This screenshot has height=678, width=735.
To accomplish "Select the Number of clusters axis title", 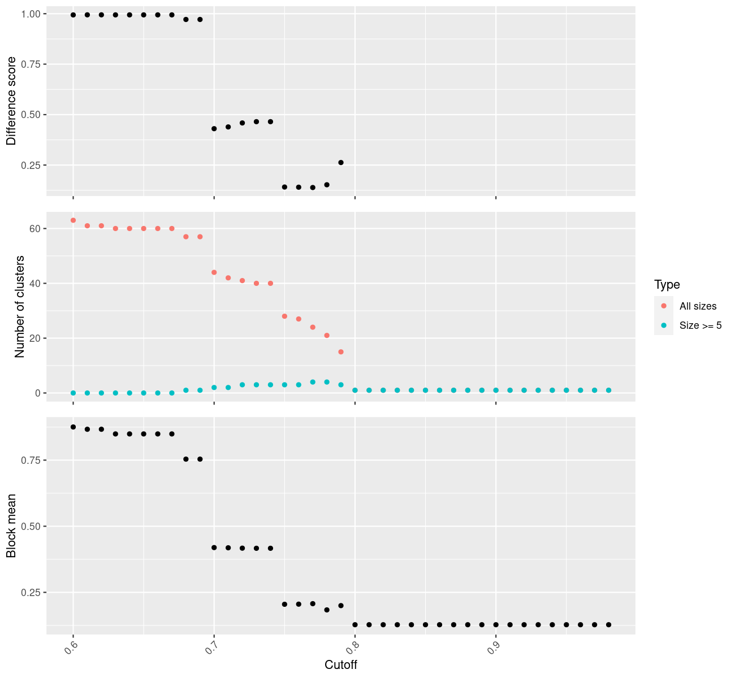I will tap(20, 307).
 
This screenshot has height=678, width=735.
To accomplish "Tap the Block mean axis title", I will tap(11, 525).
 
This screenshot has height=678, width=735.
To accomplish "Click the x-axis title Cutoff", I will tap(341, 664).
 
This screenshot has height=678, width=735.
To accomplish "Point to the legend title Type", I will tap(667, 284).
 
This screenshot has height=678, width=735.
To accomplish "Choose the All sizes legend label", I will tap(698, 306).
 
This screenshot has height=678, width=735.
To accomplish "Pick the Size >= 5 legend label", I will tap(701, 325).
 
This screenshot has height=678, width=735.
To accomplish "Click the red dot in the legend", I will tap(664, 306).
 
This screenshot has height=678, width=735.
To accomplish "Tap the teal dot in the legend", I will tap(664, 325).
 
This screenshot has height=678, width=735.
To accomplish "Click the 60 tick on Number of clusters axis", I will tap(34, 229).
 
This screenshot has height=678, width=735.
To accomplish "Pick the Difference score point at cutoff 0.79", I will tap(341, 162).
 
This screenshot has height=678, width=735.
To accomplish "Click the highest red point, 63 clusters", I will tap(73, 220).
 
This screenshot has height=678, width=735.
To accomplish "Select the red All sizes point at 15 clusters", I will tap(341, 352).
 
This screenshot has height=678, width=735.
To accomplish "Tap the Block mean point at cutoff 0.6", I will tap(73, 427).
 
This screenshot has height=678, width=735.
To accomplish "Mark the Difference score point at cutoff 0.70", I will tap(214, 129).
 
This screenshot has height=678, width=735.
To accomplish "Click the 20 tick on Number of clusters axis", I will tap(34, 338).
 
